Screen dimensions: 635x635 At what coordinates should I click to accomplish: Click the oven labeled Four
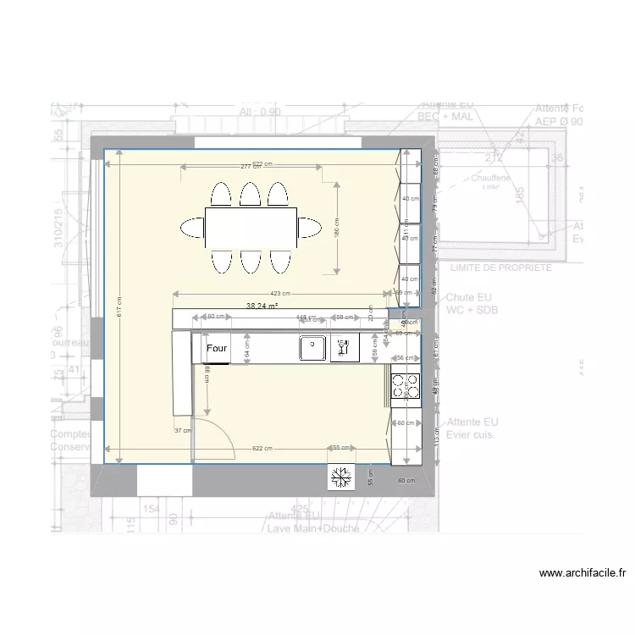pyautogui.click(x=217, y=348)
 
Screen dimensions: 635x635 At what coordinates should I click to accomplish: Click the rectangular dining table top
pyautogui.click(x=250, y=227)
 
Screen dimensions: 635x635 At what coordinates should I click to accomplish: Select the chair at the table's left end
pyautogui.click(x=190, y=227)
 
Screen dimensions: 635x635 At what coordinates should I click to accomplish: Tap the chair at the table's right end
pyautogui.click(x=309, y=227)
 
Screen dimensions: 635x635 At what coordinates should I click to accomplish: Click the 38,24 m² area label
pyautogui.click(x=262, y=306)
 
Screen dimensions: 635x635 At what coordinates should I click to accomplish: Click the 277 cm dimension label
pyautogui.click(x=251, y=167)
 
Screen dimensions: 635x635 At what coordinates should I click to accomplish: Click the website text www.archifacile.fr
pyautogui.click(x=583, y=572)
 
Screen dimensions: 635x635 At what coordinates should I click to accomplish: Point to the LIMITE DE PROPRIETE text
pyautogui.click(x=501, y=268)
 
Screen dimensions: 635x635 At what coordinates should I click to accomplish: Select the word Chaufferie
pyautogui.click(x=491, y=179)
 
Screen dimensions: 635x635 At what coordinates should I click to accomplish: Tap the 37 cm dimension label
pyautogui.click(x=182, y=430)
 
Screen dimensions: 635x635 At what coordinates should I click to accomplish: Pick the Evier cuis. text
pyautogui.click(x=472, y=434)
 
